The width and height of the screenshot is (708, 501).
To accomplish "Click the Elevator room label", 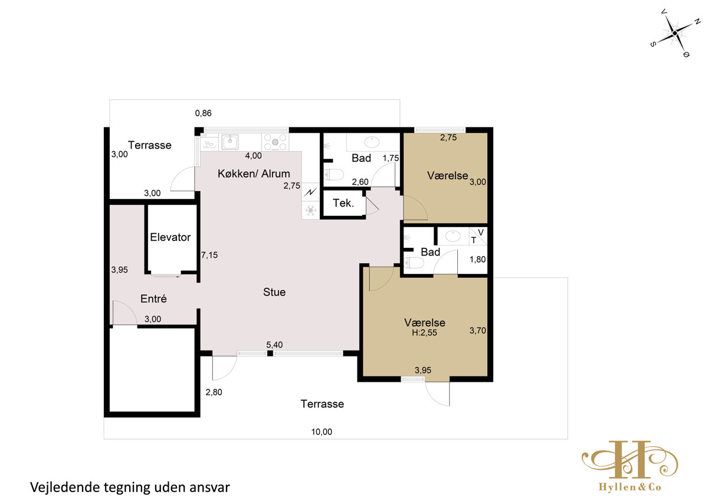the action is click(170, 237).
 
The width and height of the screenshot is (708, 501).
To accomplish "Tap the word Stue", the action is click(274, 292).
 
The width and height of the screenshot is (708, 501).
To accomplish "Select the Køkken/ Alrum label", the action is click(254, 173).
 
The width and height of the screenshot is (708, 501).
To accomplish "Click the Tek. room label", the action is click(343, 203).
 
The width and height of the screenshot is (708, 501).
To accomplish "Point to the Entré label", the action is click(153, 299).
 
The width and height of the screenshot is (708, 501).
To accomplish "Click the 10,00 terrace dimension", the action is click(322, 432).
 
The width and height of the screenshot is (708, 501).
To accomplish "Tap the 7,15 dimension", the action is click(209, 255).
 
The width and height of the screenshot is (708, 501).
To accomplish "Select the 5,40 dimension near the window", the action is click(274, 345).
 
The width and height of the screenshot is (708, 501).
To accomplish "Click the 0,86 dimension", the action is click(203, 113).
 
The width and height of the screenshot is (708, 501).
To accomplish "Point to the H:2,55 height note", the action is click(424, 333).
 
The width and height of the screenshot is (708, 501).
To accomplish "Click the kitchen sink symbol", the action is click(230, 142).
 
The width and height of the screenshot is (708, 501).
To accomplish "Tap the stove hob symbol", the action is click(275, 142).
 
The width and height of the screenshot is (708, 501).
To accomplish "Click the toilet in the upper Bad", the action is click(334, 175).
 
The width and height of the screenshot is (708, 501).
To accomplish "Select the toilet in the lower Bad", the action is click(414, 263).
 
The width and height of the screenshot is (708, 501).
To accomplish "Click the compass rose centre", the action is click(674, 33).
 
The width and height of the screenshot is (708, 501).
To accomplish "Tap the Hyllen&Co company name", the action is click(630, 487).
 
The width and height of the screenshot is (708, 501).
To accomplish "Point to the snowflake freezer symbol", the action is click(311, 210).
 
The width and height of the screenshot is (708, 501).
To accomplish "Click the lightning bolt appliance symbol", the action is click(310, 192).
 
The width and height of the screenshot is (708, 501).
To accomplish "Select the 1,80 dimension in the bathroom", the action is click(477, 260).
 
